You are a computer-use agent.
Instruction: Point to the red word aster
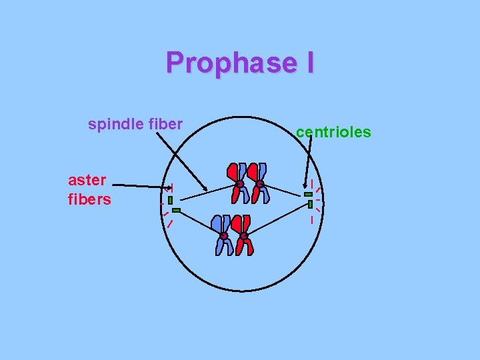pos(87,180)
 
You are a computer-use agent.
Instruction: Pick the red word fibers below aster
pos(89,199)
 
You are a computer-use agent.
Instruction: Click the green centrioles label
pos(333,132)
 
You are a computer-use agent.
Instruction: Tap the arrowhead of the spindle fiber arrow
pos(205,188)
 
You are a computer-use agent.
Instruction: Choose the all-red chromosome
pos(236,182)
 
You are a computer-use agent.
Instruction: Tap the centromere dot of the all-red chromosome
pos(239,184)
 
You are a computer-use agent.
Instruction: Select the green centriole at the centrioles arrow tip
pos(308,194)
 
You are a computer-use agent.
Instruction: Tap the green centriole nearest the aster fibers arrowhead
pos(171,200)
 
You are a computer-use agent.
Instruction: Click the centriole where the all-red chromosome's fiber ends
pos(171,200)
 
